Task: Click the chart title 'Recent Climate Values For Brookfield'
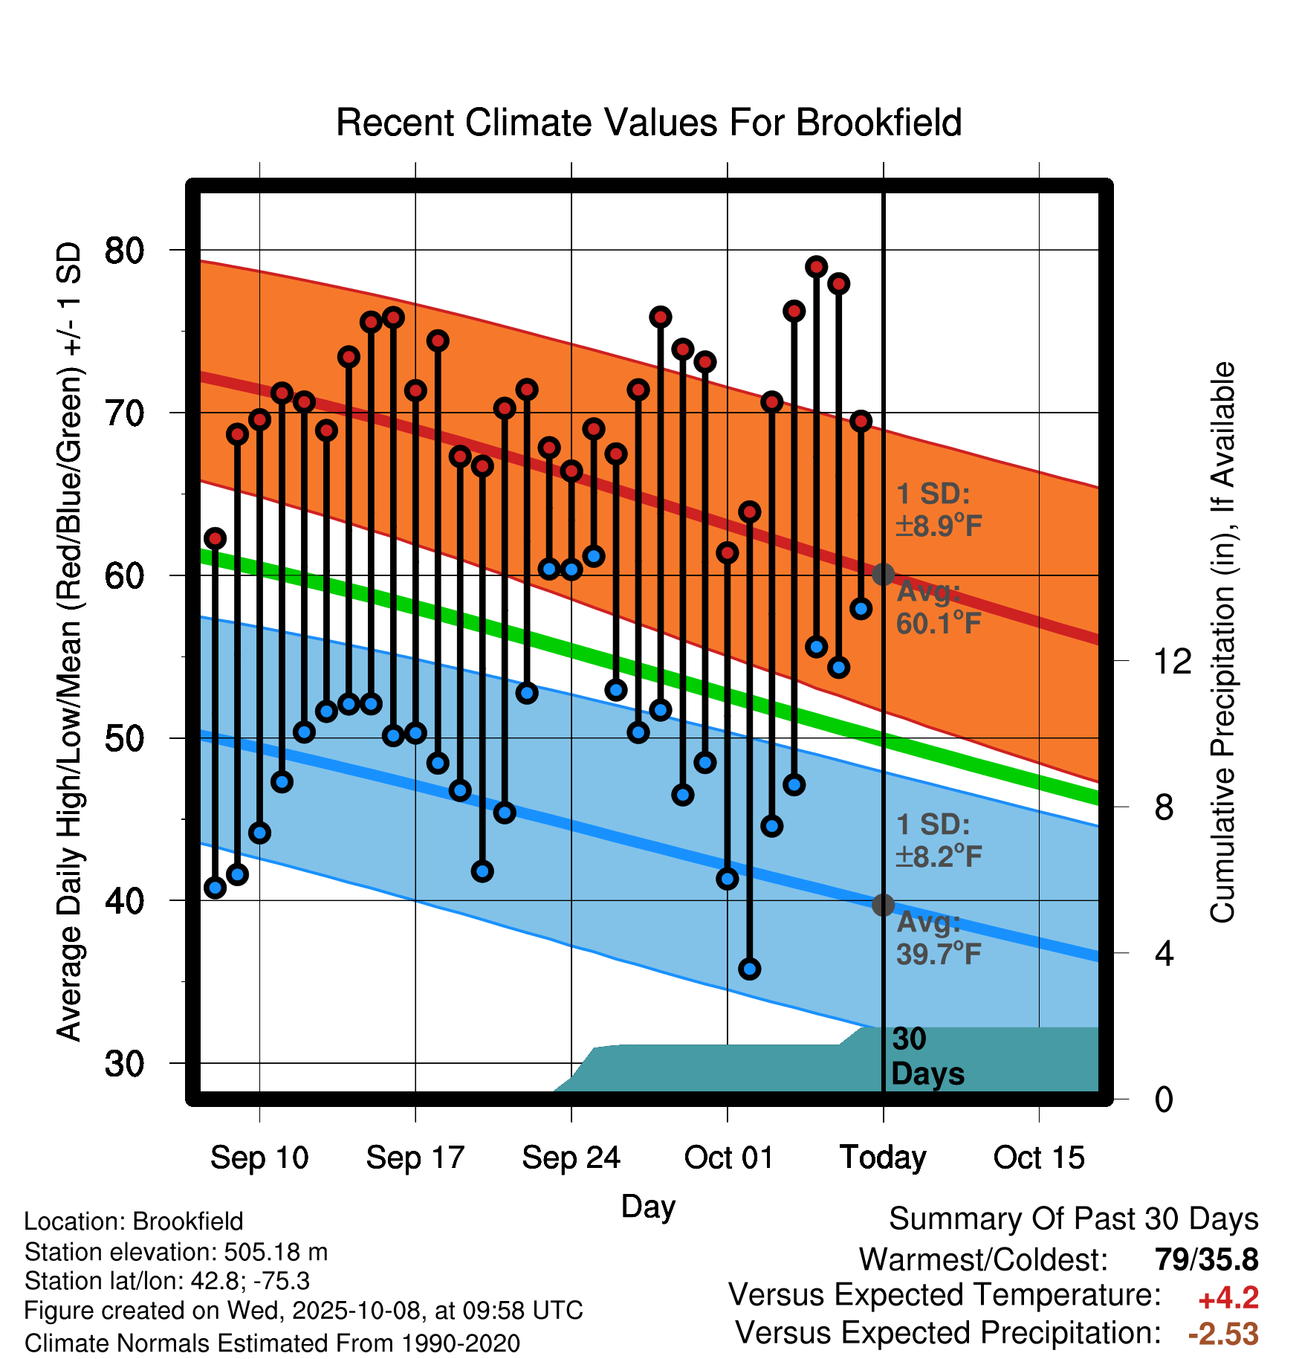(x=649, y=123)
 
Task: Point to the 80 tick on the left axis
(x=124, y=251)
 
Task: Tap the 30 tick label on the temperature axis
(x=124, y=1064)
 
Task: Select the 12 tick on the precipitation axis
(x=1172, y=661)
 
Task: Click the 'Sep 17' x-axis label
(x=415, y=1158)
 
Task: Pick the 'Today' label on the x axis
(x=883, y=1158)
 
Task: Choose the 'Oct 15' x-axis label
(x=1039, y=1158)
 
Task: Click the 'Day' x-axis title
(x=648, y=1206)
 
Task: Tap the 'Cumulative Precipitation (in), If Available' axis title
(x=1222, y=643)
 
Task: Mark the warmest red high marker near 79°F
(x=816, y=267)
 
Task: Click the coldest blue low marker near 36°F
(x=749, y=969)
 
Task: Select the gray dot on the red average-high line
(x=883, y=574)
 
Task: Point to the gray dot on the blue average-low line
(x=883, y=905)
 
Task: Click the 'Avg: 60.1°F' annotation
(x=938, y=608)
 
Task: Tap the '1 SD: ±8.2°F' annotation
(x=938, y=841)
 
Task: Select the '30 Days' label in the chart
(x=927, y=1056)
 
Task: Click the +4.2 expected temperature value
(x=1228, y=1298)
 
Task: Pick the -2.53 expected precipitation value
(x=1223, y=1334)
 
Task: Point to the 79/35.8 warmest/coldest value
(x=1206, y=1259)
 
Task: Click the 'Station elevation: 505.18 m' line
(x=176, y=1252)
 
